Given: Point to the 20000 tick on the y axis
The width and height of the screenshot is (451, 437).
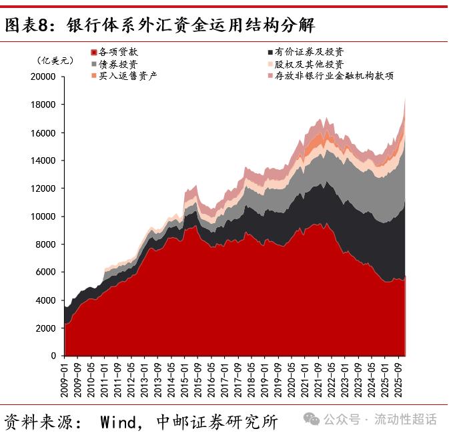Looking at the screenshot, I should (43, 77).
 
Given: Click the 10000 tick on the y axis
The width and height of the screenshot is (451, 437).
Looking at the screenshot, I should (43, 217).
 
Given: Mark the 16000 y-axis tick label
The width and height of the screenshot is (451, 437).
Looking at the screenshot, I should (43, 133).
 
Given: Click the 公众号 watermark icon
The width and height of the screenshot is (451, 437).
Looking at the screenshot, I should (312, 420).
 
